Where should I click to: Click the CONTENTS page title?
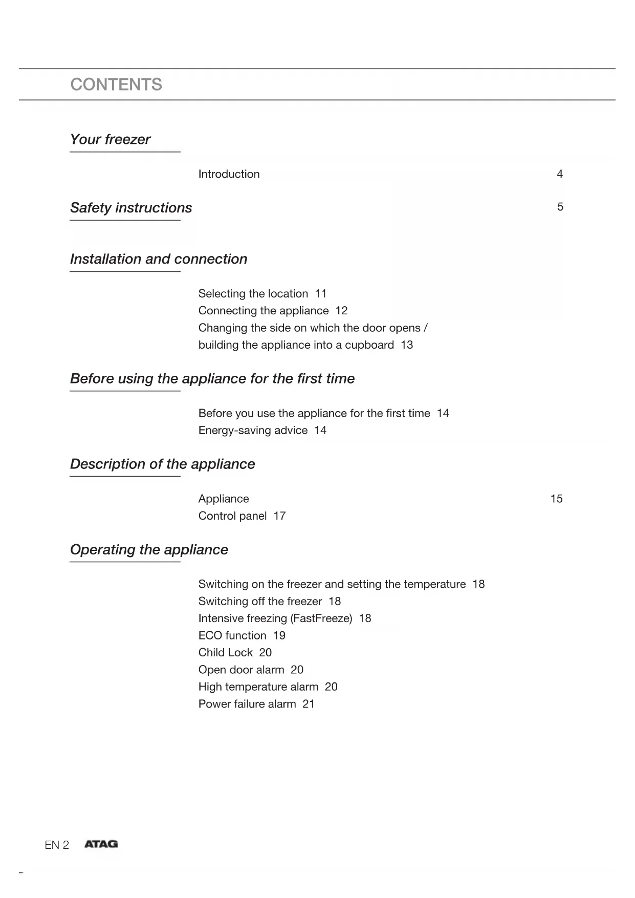coord(116,84)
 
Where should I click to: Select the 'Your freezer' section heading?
coord(110,139)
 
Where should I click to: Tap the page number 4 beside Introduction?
coord(560,174)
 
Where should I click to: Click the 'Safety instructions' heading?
coord(131,208)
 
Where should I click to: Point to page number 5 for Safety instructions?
coord(560,207)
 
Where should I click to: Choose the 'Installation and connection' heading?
coord(159,259)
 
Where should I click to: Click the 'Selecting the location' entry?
coord(253,294)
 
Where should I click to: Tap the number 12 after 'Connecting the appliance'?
coord(341,311)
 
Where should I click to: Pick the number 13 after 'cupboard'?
coord(407,345)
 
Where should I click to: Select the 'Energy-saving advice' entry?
coord(253,431)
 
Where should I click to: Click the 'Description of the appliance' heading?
coord(162,464)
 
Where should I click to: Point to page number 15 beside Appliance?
coord(556,499)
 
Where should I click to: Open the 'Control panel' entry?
coord(232,516)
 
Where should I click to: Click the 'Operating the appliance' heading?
coord(149,550)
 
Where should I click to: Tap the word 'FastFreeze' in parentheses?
coord(321,618)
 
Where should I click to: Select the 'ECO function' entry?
coord(232,636)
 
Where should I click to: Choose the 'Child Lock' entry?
coord(225,653)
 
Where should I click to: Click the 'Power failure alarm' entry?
coord(247,704)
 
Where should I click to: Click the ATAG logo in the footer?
coord(101,844)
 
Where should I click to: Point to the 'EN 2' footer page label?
coord(57,845)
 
